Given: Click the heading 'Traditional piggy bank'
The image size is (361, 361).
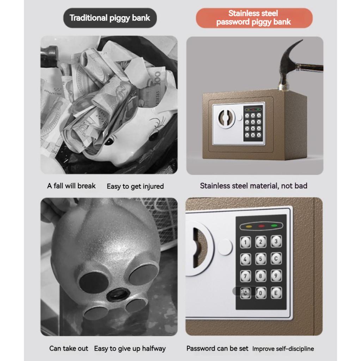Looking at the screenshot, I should (x=110, y=18).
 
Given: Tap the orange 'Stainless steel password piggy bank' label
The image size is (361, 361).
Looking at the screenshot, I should (x=253, y=18).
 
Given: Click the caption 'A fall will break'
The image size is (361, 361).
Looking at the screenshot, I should (x=71, y=186).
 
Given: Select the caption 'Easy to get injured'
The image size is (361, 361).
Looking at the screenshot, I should (x=135, y=186).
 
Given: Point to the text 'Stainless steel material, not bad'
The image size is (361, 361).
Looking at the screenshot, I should (x=253, y=186).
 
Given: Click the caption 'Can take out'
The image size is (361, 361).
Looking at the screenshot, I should (x=69, y=348).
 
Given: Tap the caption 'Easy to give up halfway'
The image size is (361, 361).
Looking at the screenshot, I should (x=130, y=348).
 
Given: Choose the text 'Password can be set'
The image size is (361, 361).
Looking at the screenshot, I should (x=217, y=348).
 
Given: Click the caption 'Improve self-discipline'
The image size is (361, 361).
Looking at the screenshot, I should (x=283, y=349).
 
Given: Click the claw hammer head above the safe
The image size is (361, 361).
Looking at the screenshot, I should (x=290, y=62).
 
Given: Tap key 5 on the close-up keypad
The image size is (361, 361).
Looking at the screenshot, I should (x=261, y=259).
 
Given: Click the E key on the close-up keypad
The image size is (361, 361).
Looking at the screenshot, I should (x=276, y=292).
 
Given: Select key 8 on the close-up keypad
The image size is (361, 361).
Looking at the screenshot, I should (x=261, y=275).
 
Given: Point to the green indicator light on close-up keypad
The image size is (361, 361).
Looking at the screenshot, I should (x=274, y=226).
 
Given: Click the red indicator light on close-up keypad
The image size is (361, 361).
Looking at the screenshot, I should (x=261, y=226).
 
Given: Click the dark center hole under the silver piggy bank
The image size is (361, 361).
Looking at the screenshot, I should (x=118, y=294).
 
